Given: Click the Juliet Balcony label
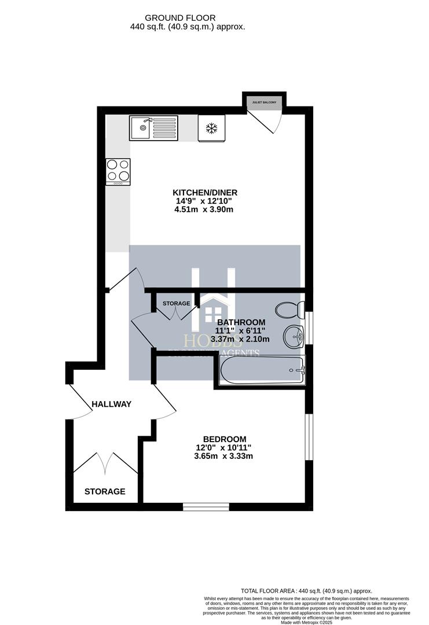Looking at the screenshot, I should coord(264,102).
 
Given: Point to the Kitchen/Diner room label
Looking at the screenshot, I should coord(205,193).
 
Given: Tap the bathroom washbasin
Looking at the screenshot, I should coord(294,336).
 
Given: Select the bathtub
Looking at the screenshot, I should coord(261,370).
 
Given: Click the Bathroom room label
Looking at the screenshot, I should coord(241,322).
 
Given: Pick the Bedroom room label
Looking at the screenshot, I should coord(224,439).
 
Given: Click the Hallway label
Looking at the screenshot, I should coord(112,404).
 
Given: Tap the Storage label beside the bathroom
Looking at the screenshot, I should coord(176,303).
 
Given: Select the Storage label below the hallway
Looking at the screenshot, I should coord(105,492).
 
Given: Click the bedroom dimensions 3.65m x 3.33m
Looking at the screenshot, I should coord(224,457).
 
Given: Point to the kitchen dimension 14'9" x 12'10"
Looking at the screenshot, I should coord(204,201).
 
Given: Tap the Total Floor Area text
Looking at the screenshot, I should coord(306,591).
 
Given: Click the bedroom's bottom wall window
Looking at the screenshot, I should coord(206,507).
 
